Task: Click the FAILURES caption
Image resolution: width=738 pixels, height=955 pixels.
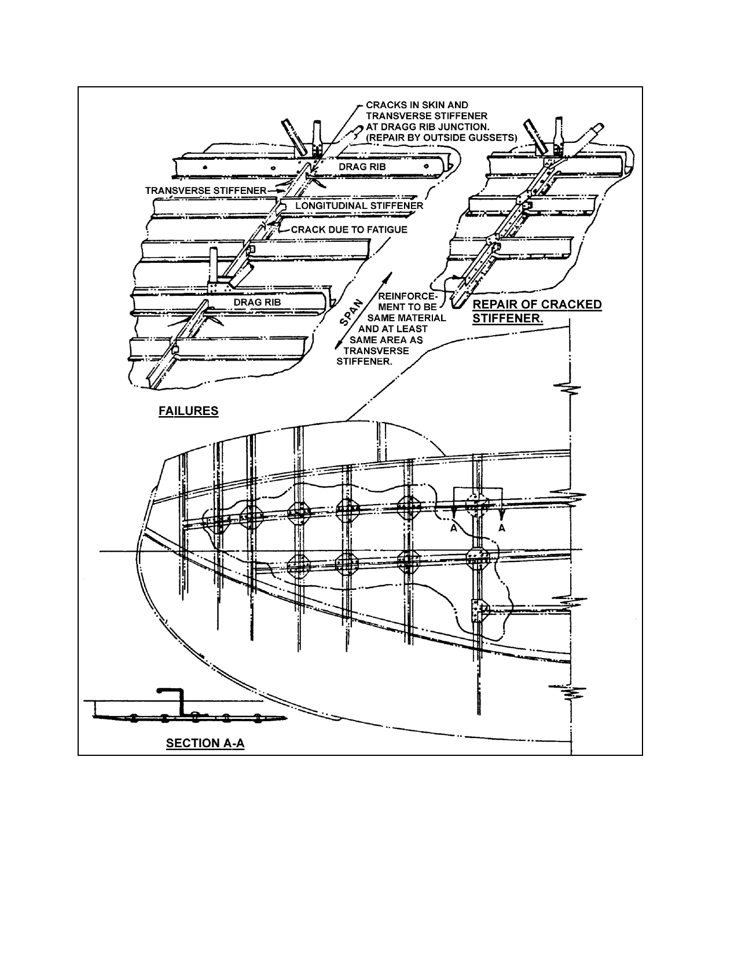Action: tap(188, 411)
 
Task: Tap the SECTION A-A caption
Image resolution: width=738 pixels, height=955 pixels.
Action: tap(205, 743)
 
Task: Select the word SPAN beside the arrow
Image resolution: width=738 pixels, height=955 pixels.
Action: tap(352, 313)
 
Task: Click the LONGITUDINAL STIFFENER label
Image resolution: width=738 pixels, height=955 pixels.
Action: tap(359, 205)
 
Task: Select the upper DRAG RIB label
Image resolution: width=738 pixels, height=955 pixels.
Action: tap(362, 167)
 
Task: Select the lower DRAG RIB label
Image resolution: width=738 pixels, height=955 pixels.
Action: tap(257, 302)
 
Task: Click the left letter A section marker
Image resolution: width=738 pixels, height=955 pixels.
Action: tap(454, 528)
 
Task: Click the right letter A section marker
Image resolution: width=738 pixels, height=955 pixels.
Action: tap(502, 528)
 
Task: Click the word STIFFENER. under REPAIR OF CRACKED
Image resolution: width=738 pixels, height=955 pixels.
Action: tap(508, 318)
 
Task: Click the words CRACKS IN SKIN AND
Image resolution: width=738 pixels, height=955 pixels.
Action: tap(417, 105)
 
